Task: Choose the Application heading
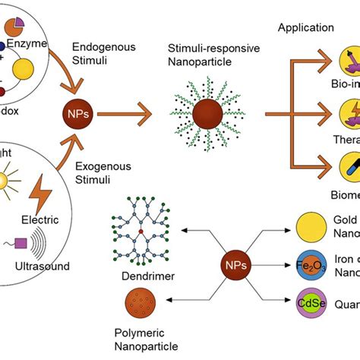(305, 27)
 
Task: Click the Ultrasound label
(46, 266)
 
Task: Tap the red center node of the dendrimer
(141, 229)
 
